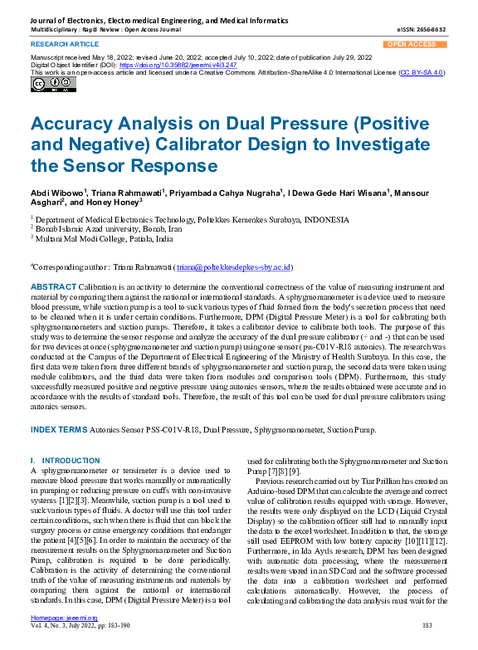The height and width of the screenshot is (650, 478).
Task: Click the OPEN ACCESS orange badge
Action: click(411, 44)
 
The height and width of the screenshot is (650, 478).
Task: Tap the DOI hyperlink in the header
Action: click(166, 63)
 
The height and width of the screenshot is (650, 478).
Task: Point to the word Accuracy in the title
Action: click(75, 125)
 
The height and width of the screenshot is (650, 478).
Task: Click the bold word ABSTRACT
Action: click(53, 286)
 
